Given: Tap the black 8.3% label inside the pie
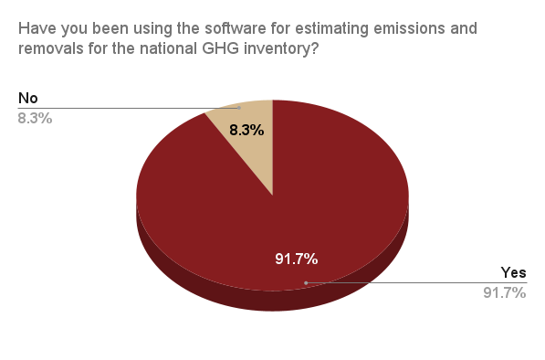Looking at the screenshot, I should (246, 130).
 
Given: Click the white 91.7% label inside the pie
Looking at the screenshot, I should (297, 259).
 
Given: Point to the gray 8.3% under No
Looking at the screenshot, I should (35, 118).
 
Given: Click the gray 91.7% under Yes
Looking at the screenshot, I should (505, 292).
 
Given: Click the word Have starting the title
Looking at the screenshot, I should (37, 28).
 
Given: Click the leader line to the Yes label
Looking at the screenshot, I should (411, 282).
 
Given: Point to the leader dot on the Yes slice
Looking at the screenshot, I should (305, 282).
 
